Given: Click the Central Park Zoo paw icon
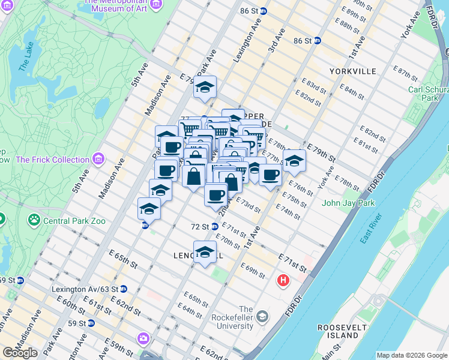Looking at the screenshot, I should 34,220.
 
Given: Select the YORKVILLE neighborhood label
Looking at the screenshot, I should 352,71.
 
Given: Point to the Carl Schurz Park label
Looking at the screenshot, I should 429,94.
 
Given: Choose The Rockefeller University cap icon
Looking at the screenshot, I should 262,316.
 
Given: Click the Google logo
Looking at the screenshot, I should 20,353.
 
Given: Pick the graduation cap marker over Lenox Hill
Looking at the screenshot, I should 205,251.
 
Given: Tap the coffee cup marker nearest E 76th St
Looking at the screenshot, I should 271,175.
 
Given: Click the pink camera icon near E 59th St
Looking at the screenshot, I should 143,338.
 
